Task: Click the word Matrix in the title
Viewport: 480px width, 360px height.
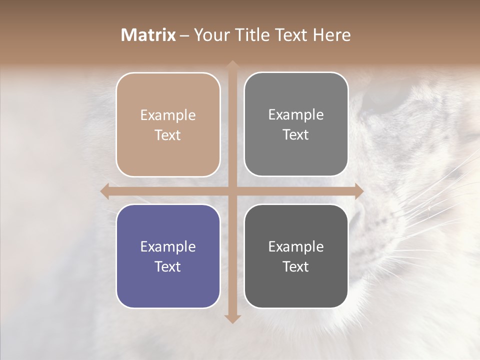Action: pyautogui.click(x=148, y=35)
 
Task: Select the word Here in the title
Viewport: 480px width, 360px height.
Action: pyautogui.click(x=331, y=35)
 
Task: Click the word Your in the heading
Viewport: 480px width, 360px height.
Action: pyautogui.click(x=210, y=35)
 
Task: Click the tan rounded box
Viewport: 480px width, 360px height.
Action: pyautogui.click(x=168, y=124)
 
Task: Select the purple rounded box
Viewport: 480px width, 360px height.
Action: pyautogui.click(x=168, y=256)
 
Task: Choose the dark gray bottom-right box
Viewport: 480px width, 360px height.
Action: pyautogui.click(x=296, y=256)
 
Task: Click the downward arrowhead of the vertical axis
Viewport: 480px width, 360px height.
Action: pyautogui.click(x=232, y=318)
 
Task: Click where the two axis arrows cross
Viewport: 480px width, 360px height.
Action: pyautogui.click(x=232, y=190)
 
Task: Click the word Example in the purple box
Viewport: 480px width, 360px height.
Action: pyautogui.click(x=168, y=246)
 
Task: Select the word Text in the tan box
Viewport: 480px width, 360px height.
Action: pyautogui.click(x=168, y=135)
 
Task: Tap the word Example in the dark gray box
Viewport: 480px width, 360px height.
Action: pyautogui.click(x=296, y=246)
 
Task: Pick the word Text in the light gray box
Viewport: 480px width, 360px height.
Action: pyautogui.click(x=296, y=134)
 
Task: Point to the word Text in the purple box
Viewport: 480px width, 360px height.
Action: pyautogui.click(x=168, y=266)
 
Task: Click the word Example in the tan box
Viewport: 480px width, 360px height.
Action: pyautogui.click(x=168, y=115)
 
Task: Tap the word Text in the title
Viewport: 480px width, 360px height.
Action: pyautogui.click(x=291, y=35)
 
